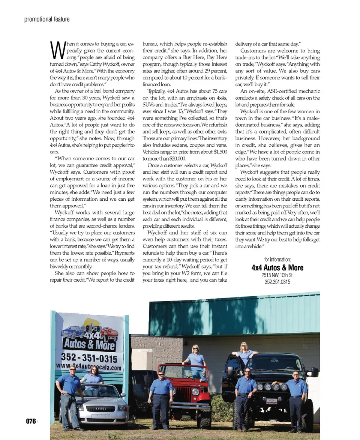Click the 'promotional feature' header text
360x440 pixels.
[x=47, y=19]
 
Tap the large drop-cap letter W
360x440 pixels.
[x=57, y=51]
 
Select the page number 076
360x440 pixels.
[x=31, y=421]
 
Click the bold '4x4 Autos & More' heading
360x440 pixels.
[x=277, y=267]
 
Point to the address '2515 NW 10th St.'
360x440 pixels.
[x=277, y=275]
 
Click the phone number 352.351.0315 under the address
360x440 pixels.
[x=277, y=282]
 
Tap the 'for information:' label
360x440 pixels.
[x=277, y=260]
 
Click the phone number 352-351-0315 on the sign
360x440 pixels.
[x=89, y=357]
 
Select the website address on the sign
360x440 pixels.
[x=89, y=366]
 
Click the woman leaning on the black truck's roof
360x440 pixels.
[x=244, y=353]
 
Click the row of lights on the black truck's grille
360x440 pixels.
[x=271, y=387]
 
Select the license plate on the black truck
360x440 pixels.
[x=271, y=401]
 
